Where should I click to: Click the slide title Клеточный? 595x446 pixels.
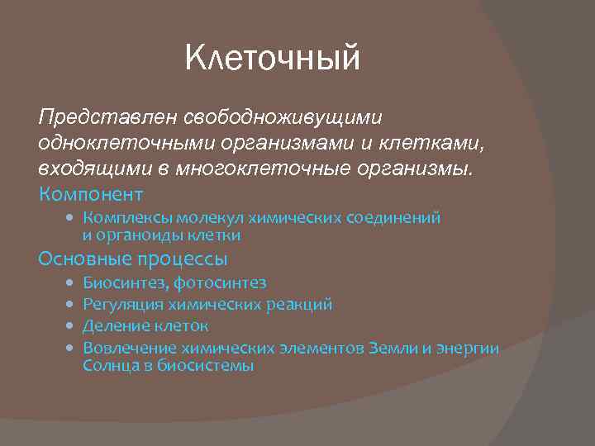[273, 59]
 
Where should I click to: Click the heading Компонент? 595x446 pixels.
[91, 195]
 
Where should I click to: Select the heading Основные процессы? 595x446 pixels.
[133, 259]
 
